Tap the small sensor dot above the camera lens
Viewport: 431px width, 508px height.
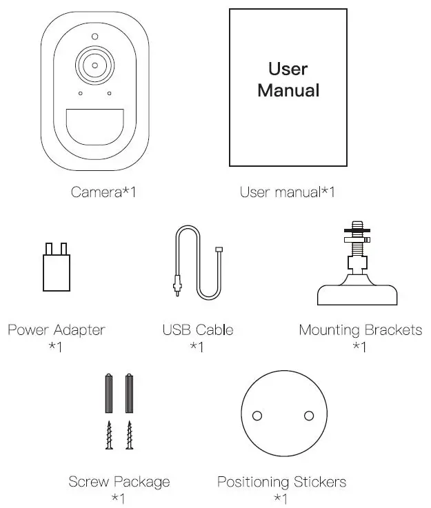click(94, 37)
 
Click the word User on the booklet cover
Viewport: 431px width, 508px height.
click(288, 69)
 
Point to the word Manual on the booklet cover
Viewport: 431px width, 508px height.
click(288, 90)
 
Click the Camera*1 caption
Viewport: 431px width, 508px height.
click(103, 192)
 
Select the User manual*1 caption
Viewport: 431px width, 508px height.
click(287, 192)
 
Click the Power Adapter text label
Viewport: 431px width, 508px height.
click(57, 329)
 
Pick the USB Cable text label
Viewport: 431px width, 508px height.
click(198, 329)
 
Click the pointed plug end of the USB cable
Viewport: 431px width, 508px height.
click(177, 286)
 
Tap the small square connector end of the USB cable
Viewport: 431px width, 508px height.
click(219, 250)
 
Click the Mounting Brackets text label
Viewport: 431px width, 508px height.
click(360, 329)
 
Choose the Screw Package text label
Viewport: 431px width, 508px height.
click(119, 481)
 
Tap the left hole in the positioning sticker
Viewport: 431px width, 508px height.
click(257, 416)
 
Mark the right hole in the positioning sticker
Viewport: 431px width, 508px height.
click(308, 416)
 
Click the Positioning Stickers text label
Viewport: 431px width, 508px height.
click(281, 481)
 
